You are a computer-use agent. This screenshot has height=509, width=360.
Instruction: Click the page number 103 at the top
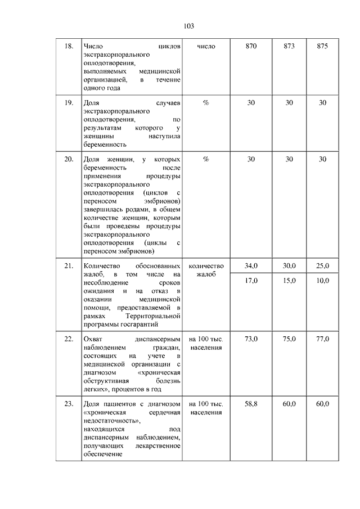coord(189,26)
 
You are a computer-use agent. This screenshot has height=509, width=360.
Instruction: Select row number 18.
coord(69,46)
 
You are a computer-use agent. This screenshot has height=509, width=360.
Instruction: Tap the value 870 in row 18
coord(251,46)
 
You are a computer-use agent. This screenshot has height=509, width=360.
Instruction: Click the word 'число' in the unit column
coord(206,46)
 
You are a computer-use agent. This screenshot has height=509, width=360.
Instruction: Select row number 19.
coord(69,102)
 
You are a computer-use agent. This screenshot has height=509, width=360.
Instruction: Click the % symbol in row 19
coord(206,102)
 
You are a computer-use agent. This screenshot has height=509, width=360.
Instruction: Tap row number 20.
coord(69,159)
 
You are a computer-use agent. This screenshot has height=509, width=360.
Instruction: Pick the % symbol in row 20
coord(206,159)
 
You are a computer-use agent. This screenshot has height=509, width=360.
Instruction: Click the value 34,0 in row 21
coord(251,265)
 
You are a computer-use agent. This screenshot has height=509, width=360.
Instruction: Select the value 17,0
coord(251,280)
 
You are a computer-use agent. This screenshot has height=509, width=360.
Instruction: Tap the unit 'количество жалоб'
coord(206,270)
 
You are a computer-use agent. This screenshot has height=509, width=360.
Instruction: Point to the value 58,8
coord(251,404)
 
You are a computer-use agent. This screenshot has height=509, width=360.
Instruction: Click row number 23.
coord(69,404)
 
